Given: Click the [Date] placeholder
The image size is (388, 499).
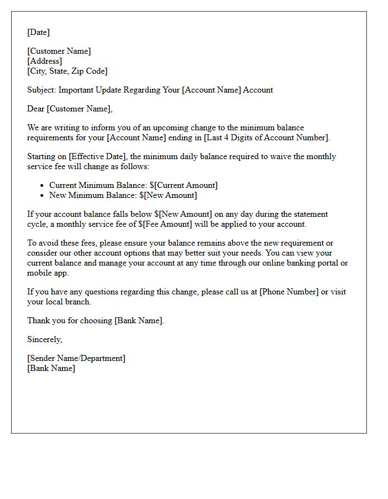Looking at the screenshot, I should pyautogui.click(x=38, y=32).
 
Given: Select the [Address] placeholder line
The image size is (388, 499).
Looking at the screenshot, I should pyautogui.click(x=45, y=61).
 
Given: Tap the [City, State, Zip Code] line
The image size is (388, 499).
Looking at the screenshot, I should pyautogui.click(x=68, y=71).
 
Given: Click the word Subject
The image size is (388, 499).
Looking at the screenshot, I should pyautogui.click(x=40, y=90).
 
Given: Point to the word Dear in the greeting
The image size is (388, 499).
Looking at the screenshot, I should pyautogui.click(x=36, y=109).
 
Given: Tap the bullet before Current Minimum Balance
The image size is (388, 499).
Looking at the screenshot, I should pyautogui.click(x=42, y=185).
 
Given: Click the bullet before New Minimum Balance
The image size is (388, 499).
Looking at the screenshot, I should pyautogui.click(x=42, y=195).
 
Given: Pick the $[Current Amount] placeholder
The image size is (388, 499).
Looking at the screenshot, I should pyautogui.click(x=183, y=185).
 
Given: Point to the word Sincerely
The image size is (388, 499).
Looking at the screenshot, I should pyautogui.click(x=45, y=339).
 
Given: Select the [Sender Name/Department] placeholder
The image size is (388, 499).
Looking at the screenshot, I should pyautogui.click(x=76, y=358).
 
